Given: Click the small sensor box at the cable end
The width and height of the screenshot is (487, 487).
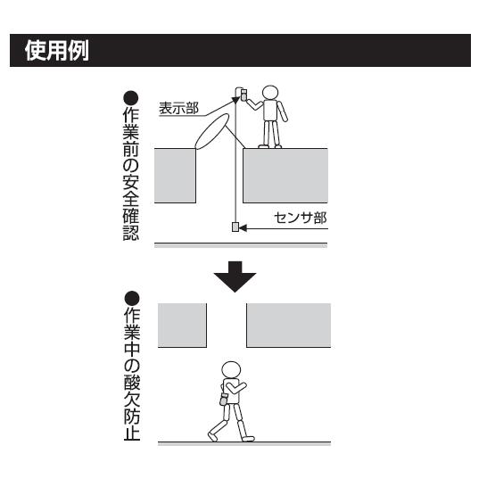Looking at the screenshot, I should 236,228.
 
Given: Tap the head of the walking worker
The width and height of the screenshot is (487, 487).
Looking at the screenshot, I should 231,368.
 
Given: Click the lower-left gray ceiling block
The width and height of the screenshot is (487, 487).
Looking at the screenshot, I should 182,325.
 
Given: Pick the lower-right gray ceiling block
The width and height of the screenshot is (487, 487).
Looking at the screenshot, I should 287,325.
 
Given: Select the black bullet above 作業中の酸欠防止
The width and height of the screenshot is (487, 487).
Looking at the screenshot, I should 131,297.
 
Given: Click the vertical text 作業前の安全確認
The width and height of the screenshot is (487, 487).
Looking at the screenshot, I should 131,174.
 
